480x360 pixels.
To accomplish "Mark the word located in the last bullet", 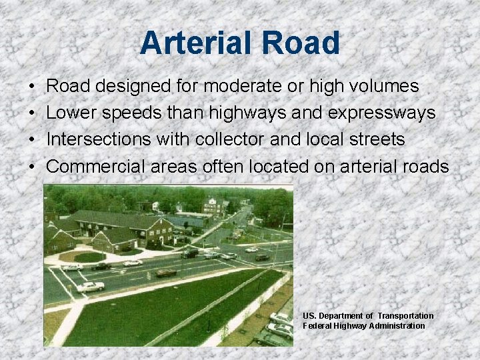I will tap(277, 166).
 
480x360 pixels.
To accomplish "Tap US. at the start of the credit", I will tap(309, 315).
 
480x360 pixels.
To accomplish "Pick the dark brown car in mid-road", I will tap(166, 273).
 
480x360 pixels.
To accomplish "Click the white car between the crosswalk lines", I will tap(91, 287).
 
